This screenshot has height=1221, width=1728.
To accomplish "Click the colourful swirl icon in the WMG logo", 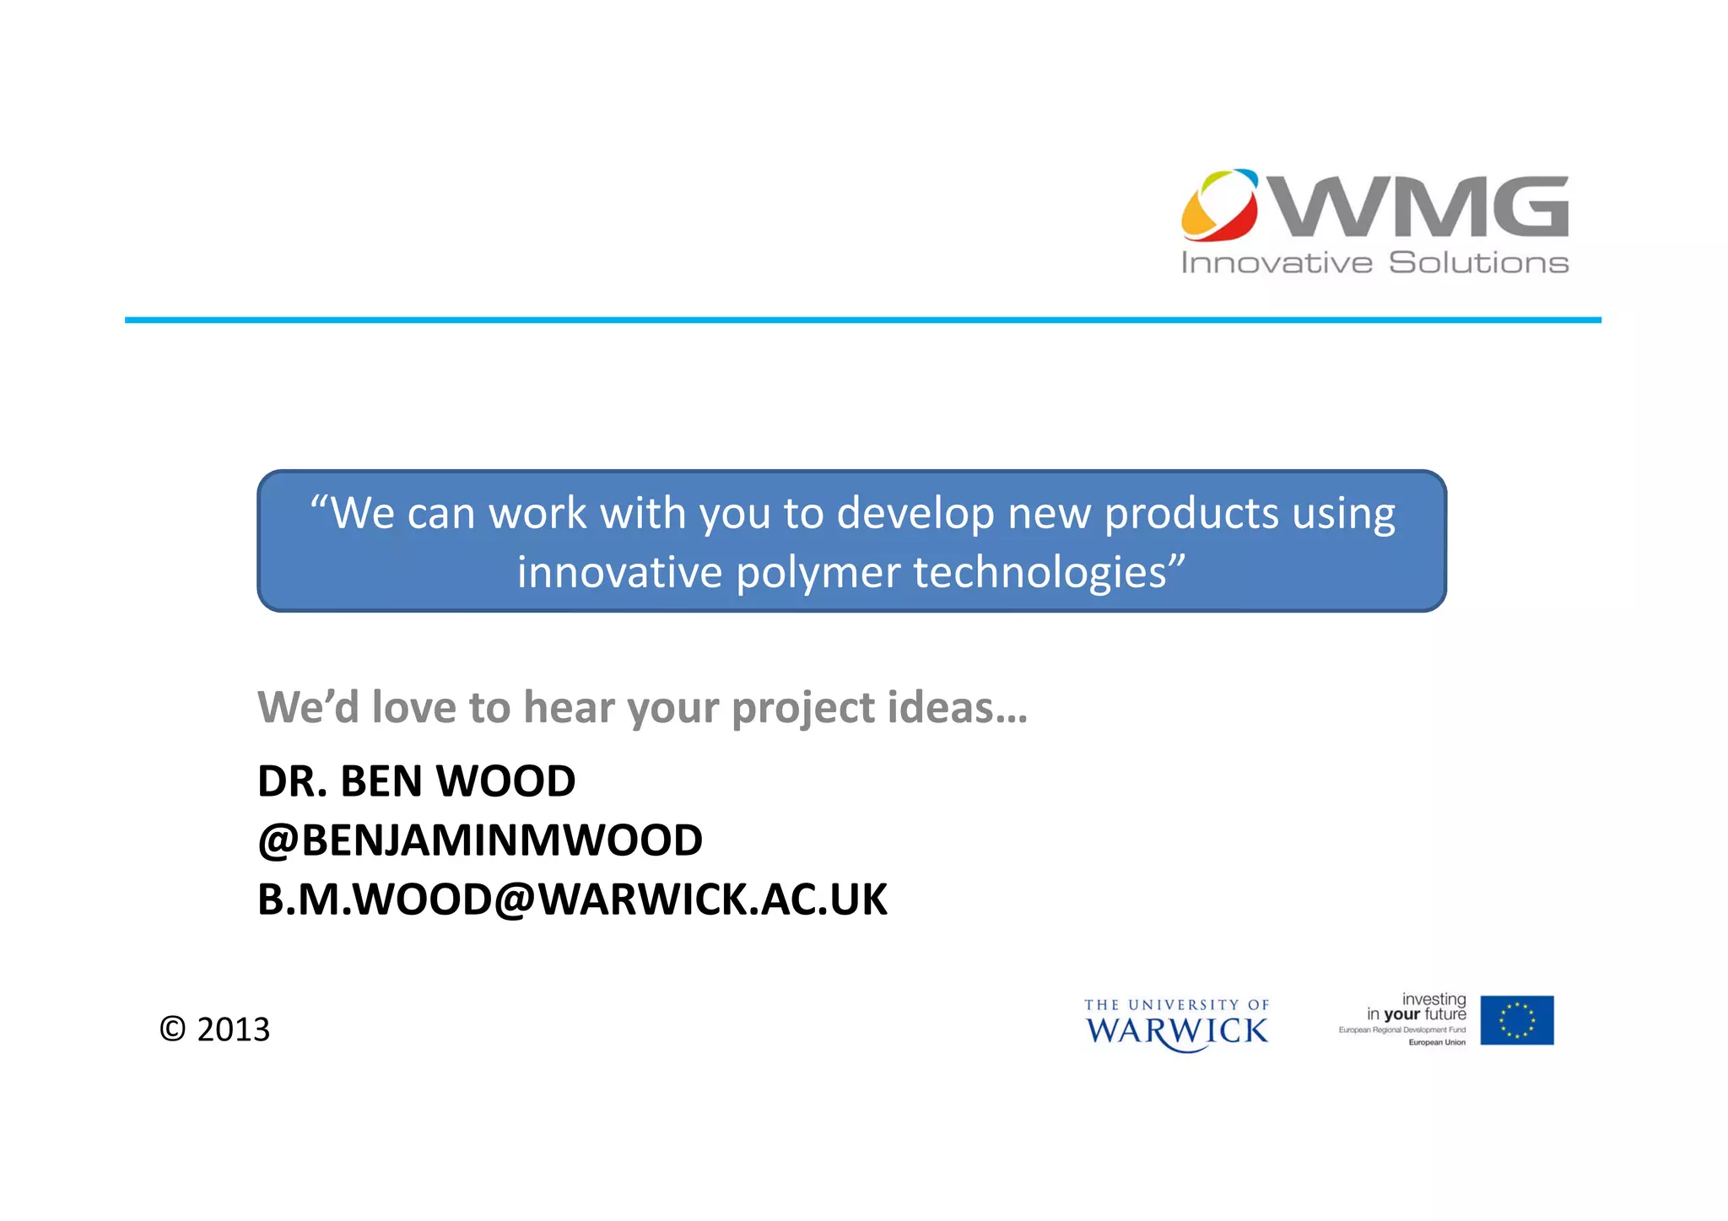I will [1220, 204].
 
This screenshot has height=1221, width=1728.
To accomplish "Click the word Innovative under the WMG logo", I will [1277, 263].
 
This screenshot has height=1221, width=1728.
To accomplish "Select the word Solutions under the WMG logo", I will [1478, 263].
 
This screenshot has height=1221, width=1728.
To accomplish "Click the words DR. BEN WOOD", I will [417, 781].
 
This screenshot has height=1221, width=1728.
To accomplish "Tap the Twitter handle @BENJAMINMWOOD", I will [480, 840].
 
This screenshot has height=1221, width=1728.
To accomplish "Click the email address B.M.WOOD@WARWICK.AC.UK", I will [572, 900].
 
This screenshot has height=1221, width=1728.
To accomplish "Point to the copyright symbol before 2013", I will [172, 1029].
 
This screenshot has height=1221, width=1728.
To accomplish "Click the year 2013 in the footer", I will [233, 1029].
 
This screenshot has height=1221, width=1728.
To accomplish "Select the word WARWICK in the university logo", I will [1176, 1031].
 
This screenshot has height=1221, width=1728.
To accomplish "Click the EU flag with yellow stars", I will [1516, 1020].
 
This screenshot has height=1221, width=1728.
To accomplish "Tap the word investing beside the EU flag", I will [1434, 999].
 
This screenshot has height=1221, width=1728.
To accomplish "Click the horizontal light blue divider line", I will [862, 321].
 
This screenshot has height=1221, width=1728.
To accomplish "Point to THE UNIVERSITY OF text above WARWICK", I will [1176, 1005].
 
